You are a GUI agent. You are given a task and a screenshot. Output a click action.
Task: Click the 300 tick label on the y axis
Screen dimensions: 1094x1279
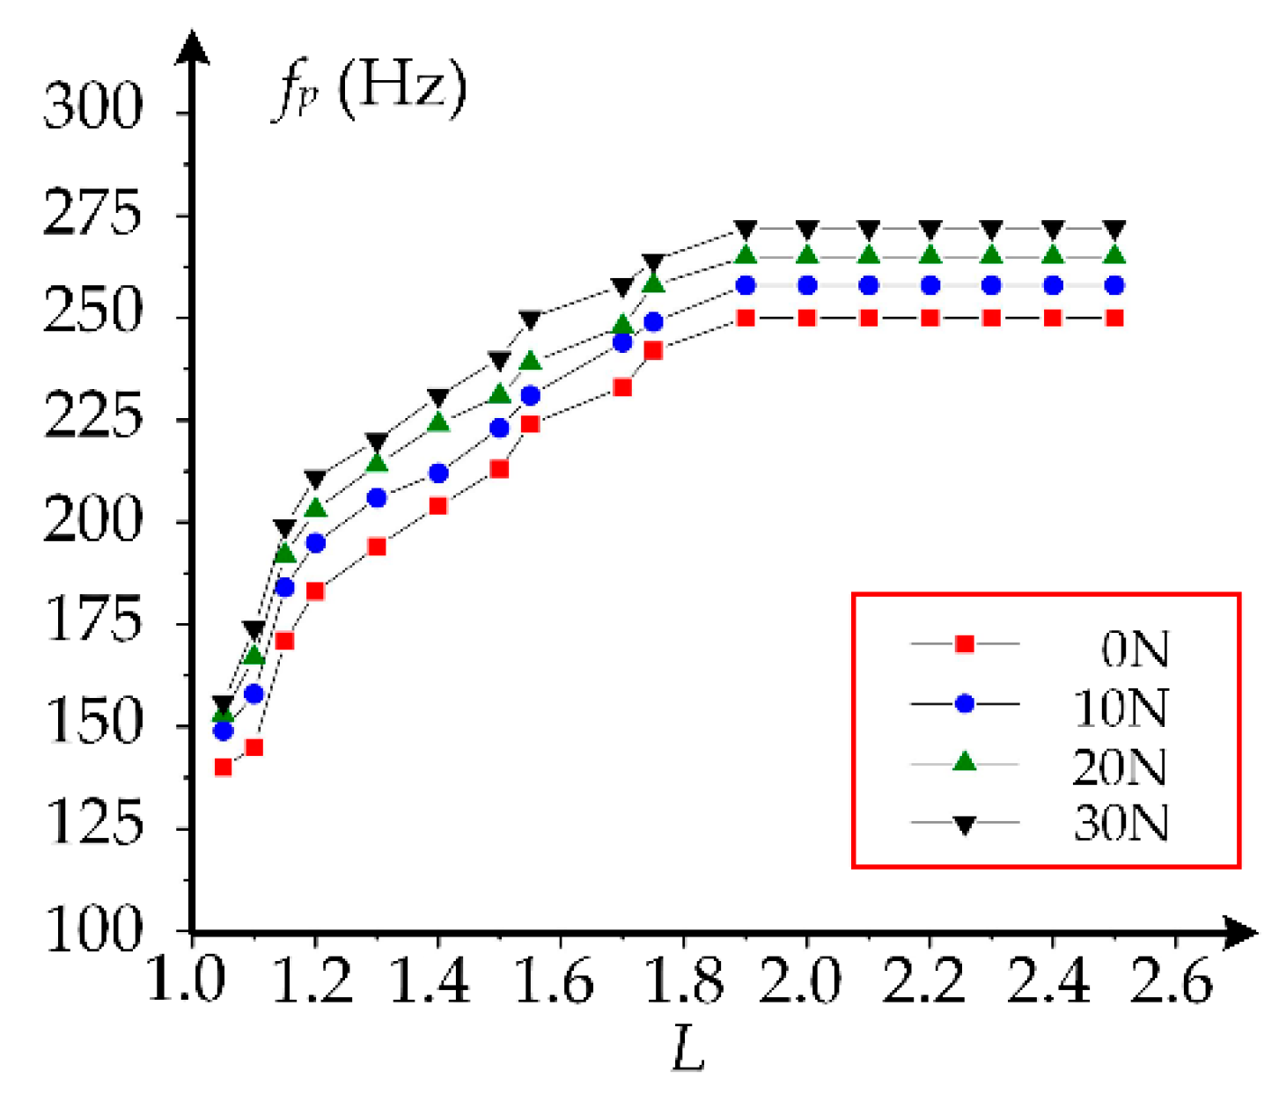click(92, 106)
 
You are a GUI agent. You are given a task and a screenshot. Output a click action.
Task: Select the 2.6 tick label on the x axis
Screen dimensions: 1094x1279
click(1172, 980)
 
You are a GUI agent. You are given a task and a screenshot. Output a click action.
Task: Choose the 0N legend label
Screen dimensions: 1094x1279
click(1134, 650)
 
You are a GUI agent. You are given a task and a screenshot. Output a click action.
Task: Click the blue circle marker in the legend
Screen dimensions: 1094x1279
click(965, 704)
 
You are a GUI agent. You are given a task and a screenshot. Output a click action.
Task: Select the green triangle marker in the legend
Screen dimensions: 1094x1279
click(965, 762)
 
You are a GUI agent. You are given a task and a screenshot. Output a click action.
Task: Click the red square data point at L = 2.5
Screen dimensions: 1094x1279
click(1114, 318)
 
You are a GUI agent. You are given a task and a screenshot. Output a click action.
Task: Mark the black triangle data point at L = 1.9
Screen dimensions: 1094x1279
click(746, 231)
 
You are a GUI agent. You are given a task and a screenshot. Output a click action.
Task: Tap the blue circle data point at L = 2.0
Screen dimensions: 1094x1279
click(807, 285)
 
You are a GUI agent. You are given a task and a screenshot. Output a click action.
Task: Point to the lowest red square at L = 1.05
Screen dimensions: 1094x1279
click(223, 767)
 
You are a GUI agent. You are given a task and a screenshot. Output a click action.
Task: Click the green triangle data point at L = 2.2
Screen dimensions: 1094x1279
click(930, 255)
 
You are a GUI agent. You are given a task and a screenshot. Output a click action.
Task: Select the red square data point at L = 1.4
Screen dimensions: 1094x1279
click(437, 506)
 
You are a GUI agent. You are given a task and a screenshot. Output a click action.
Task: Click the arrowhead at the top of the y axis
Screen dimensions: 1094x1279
click(192, 44)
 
